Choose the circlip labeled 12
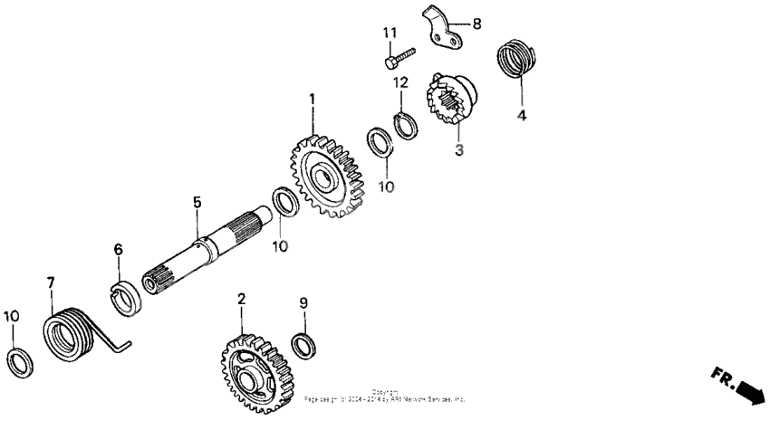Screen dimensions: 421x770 pos(405,125)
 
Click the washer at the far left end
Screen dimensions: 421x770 pos(18,362)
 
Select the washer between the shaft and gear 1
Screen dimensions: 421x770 pos(284,201)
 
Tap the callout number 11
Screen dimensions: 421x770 pos(390,33)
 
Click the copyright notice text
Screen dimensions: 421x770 pos(385,396)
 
